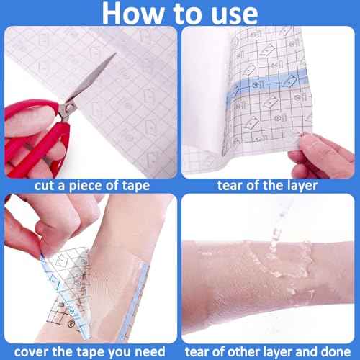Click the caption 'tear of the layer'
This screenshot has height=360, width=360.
[x=270, y=184]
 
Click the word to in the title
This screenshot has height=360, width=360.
[x=181, y=14]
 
